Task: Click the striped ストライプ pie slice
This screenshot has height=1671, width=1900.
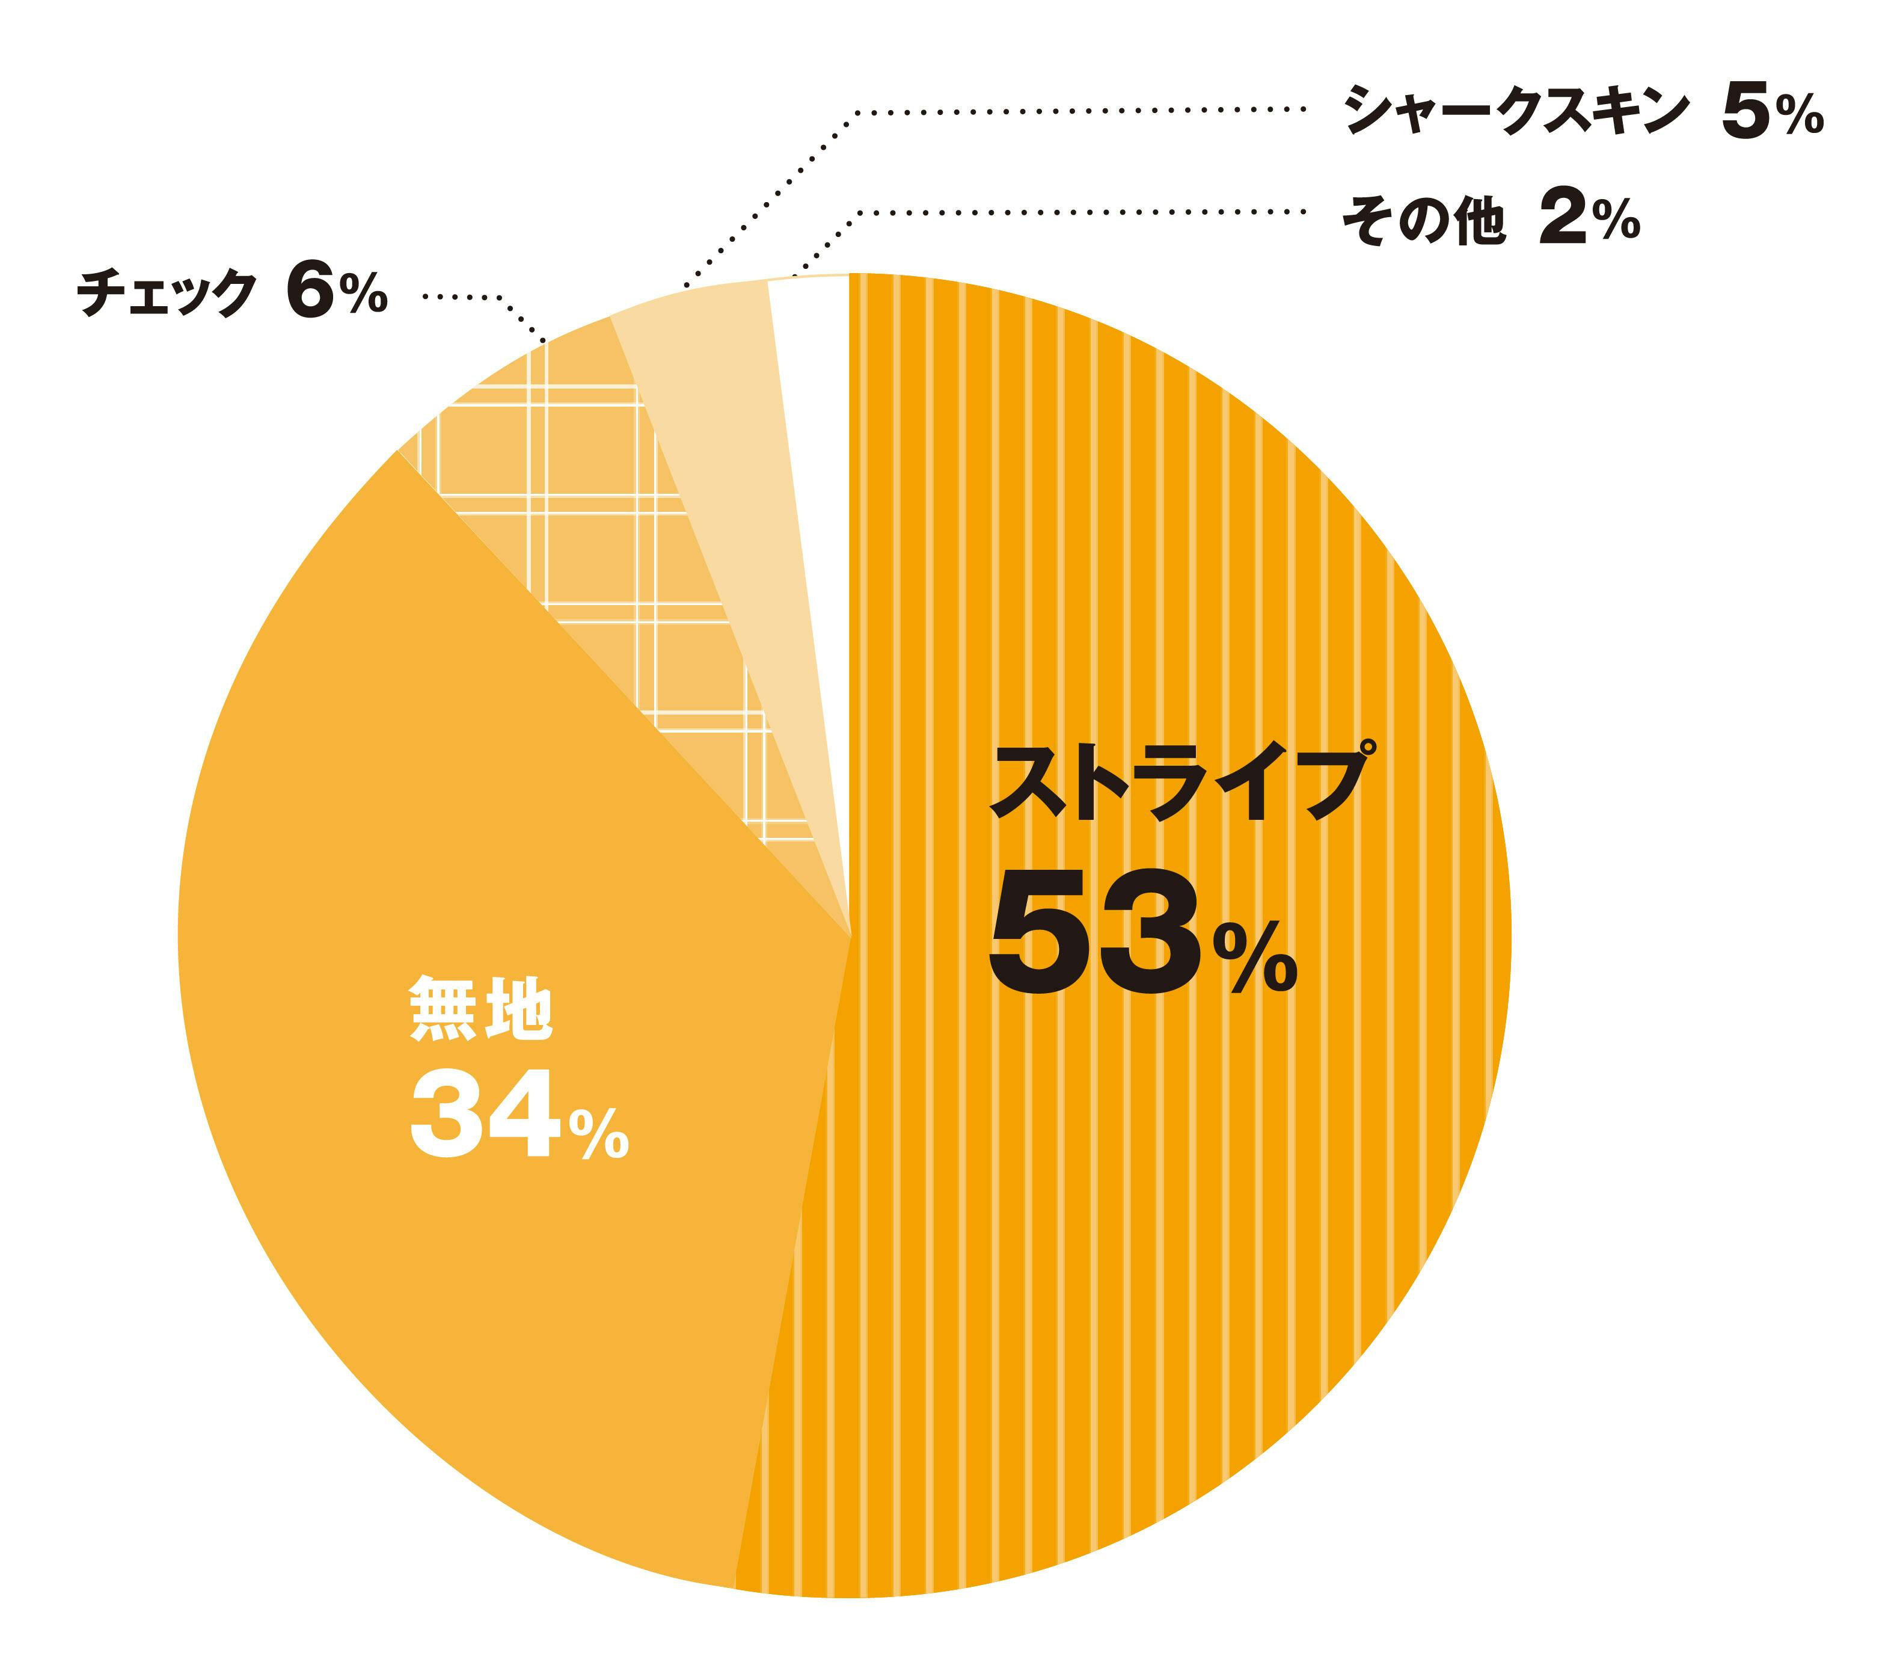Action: click(x=1162, y=1209)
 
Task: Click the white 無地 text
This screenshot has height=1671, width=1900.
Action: click(x=482, y=1008)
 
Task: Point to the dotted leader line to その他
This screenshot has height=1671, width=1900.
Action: click(x=1069, y=212)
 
